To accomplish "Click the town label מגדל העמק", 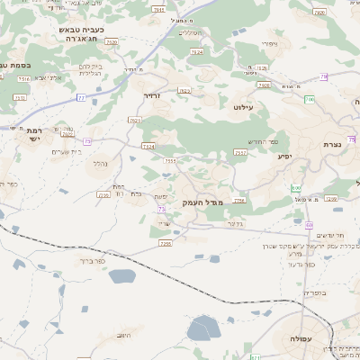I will (201, 203).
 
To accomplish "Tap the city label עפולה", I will (300, 338).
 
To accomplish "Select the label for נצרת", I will (334, 144).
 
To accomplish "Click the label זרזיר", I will (151, 94).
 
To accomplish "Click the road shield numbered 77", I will (81, 97).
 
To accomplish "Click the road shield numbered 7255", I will (165, 242).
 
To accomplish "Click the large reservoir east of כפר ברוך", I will (121, 276).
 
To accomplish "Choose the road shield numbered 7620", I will (112, 42).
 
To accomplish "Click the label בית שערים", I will (67, 150).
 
